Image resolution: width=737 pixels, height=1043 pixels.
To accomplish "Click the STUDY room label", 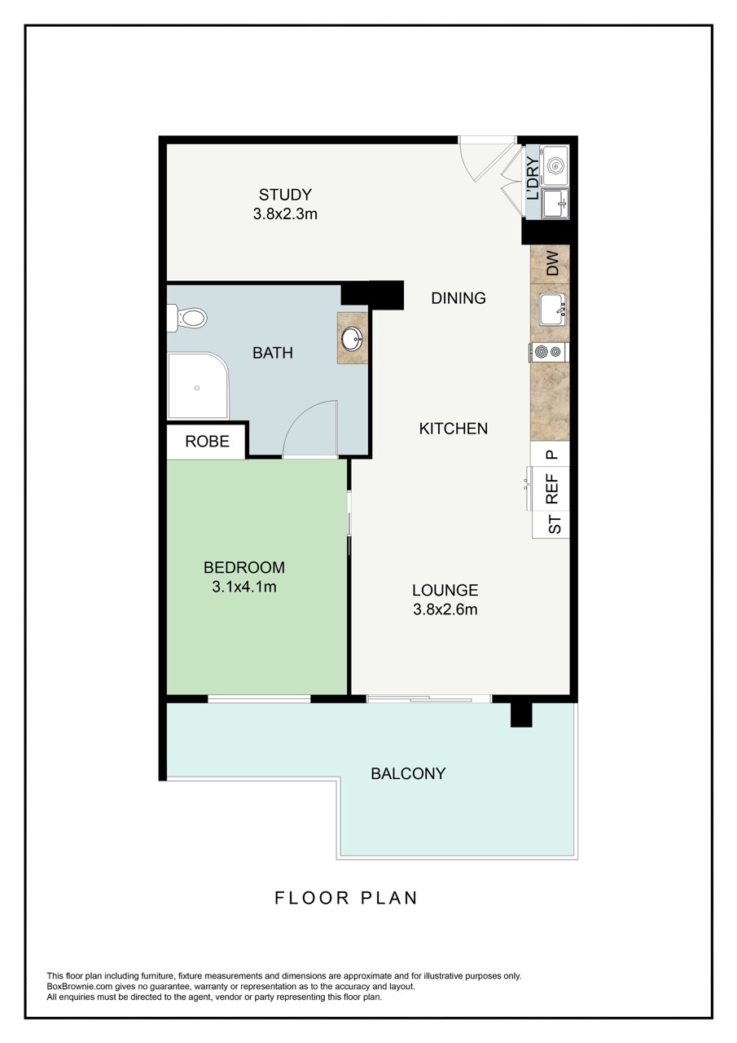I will coord(285,195).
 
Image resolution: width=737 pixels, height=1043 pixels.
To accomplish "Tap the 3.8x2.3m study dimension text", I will coord(285,214).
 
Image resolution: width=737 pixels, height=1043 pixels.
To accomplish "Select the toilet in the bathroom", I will coord(188,317).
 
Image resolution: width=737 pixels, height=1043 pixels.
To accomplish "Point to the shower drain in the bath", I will coord(196,388).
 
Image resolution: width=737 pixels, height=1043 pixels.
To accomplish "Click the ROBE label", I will coord(207,442).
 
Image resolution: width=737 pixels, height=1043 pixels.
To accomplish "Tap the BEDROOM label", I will coord(244,567).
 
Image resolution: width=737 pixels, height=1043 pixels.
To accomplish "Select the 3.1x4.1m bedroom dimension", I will coord(244,587).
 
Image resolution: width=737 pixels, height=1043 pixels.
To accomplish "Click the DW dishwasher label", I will coord(551,264).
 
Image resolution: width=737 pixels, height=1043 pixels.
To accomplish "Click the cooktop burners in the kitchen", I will coord(548,352).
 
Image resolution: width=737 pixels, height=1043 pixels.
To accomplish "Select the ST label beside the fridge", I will coord(555,524).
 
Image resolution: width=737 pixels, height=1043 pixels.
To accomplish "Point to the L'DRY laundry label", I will coord(533,183).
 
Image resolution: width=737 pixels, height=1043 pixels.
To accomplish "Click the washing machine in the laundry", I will coord(555,165).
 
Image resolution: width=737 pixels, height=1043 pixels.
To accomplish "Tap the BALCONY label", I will coord(408,773).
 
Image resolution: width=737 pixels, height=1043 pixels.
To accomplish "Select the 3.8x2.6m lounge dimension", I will coord(445,610).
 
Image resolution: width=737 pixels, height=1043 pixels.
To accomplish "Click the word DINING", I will coord(458,298).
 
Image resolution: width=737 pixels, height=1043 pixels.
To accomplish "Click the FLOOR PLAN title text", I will coord(346,898).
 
